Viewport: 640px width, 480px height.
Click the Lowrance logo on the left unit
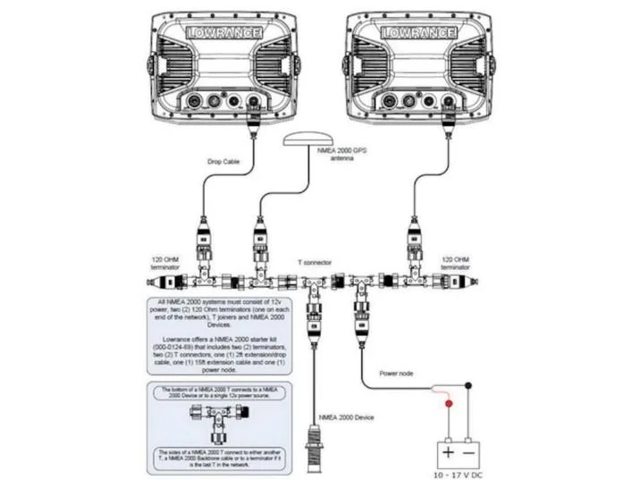tap(224, 33)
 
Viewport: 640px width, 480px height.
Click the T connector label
tap(315, 263)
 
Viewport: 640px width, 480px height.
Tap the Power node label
tap(396, 374)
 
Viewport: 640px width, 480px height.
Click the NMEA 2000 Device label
tap(348, 417)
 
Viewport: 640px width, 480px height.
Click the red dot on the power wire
tap(448, 402)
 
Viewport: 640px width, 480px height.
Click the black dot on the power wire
tap(468, 385)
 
